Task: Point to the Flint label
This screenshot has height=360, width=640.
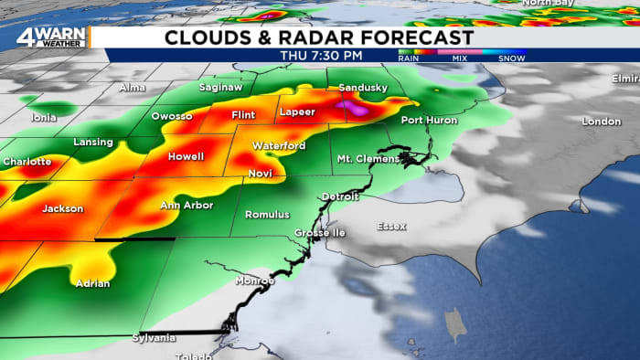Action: tap(243, 116)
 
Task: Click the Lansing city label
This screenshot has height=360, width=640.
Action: tap(93, 143)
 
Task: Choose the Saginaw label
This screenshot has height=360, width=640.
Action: tap(220, 88)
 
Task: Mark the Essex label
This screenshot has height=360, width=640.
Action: tap(392, 226)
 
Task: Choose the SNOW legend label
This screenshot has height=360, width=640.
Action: tap(512, 58)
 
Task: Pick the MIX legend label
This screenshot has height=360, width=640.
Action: tap(459, 58)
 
